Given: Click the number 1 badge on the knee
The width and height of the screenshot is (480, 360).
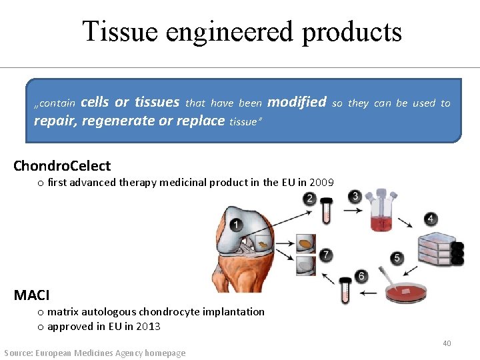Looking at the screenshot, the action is pos(236,225).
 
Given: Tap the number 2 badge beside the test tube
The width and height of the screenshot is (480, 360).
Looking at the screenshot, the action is pos(309,198).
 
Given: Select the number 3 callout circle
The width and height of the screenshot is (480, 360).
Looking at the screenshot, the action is pos(355,196).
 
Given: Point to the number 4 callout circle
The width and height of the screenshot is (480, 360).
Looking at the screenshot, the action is pos(431,219).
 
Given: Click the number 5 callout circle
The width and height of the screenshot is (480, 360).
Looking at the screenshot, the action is pos(397,258).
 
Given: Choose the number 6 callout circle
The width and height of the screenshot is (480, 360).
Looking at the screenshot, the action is pos(362,275).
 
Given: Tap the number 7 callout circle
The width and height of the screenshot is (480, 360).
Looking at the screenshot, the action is pos(325,255).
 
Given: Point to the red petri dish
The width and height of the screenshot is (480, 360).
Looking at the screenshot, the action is pos(404,293).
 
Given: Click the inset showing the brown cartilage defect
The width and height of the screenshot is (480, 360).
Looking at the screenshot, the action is pos(305,243).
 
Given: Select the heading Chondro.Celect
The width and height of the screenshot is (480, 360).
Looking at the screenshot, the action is pos(62,165).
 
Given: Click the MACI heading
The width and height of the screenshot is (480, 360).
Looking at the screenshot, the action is pos(31,294).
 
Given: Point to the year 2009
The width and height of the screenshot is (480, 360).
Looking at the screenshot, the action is pos(322,182).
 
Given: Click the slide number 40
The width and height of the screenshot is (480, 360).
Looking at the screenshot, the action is pos(447,343).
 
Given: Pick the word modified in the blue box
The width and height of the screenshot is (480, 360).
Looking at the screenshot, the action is pos(297,102).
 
